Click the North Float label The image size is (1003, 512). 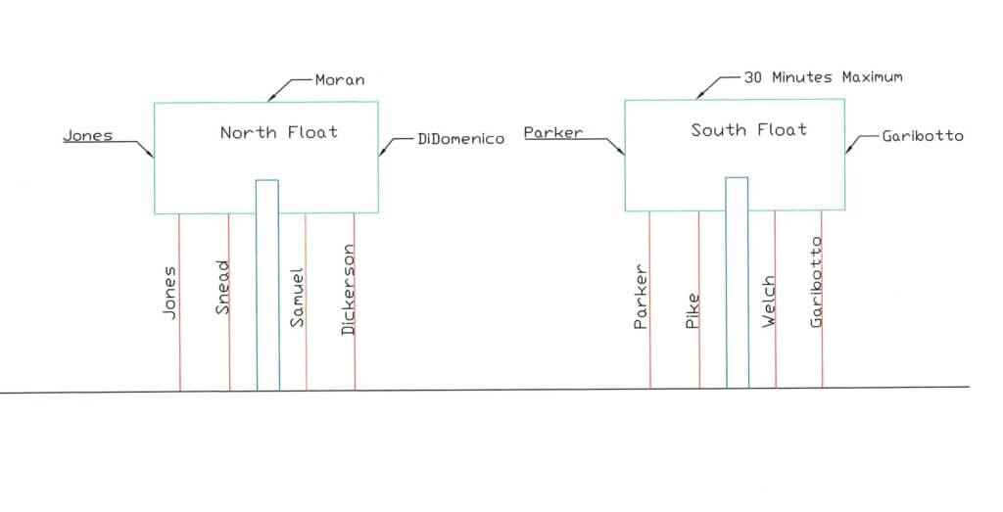[x=279, y=132]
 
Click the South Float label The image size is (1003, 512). [x=749, y=130]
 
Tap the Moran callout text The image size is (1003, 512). [x=340, y=80]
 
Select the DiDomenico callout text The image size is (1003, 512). [x=460, y=139]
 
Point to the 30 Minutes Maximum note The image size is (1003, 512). [x=823, y=77]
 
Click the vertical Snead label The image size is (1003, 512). [x=222, y=287]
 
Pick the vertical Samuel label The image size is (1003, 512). [x=297, y=298]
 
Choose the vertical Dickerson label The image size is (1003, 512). [x=348, y=290]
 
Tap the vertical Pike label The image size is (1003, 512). [x=693, y=311]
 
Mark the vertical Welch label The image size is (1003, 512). [x=768, y=302]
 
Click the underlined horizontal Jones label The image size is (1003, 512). [x=87, y=135]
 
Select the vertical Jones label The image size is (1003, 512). [x=168, y=292]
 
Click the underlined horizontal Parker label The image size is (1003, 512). [x=553, y=132]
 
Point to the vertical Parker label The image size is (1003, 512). [x=641, y=297]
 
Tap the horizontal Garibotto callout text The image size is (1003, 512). [x=923, y=135]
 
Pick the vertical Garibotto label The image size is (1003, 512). [x=816, y=282]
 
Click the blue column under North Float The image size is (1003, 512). [x=267, y=285]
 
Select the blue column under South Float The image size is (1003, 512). [x=737, y=283]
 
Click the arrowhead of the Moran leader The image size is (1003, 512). [x=270, y=99]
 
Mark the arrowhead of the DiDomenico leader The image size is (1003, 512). [x=382, y=152]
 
